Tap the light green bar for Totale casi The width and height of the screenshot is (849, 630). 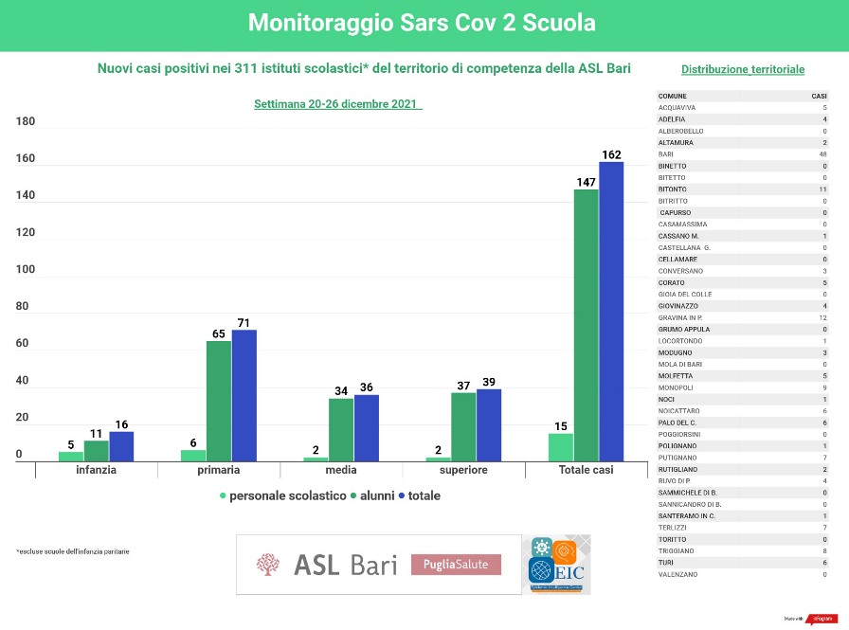(560, 446)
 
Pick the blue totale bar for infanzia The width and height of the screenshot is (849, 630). (121, 446)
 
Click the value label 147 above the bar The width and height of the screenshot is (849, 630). (586, 181)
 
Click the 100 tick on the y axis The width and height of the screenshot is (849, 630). (26, 270)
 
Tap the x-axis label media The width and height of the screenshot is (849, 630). (341, 470)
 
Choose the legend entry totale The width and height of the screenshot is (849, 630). (424, 495)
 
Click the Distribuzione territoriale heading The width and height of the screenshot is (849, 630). (743, 69)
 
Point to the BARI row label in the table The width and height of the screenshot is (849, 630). (666, 154)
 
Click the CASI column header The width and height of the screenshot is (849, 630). (819, 96)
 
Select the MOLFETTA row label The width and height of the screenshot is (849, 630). (675, 376)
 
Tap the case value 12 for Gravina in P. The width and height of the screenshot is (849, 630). (823, 317)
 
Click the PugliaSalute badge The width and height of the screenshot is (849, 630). (456, 565)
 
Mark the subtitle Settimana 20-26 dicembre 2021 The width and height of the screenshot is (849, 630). (337, 104)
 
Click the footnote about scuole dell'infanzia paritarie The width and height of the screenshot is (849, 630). (73, 551)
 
